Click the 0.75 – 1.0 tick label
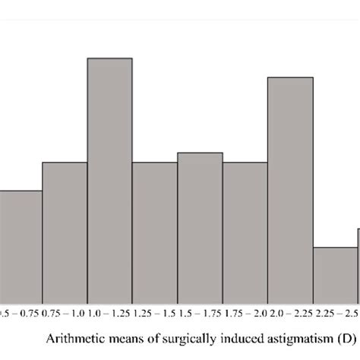pos(64,291)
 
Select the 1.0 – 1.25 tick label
pos(109,291)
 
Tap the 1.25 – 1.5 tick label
pos(154,291)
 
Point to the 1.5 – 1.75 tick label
pos(200,291)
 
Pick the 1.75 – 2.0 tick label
pos(245,291)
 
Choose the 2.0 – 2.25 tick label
pos(290,291)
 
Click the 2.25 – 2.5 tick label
pos(335,291)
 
